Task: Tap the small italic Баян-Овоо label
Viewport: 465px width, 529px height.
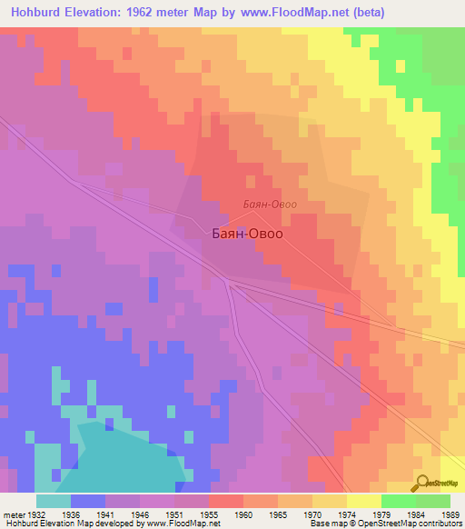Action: [271, 205]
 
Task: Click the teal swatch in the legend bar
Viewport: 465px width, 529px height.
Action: [54, 501]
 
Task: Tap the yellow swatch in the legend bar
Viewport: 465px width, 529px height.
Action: [363, 501]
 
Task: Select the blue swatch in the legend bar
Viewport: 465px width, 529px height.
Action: [88, 501]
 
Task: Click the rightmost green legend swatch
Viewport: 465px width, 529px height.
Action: [432, 501]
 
